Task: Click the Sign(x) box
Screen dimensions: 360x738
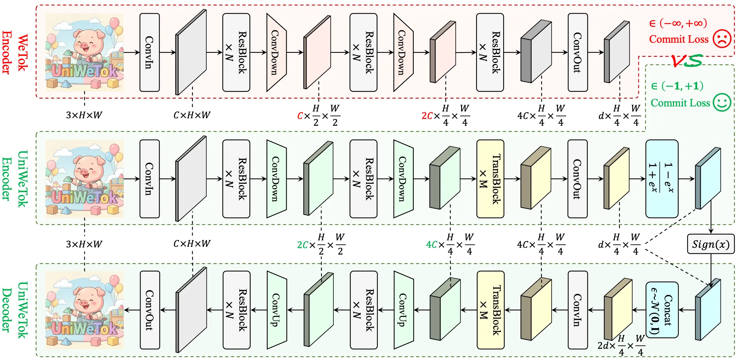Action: [711, 244]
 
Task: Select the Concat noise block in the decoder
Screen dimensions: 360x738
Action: [662, 310]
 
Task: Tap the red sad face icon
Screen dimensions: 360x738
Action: [722, 39]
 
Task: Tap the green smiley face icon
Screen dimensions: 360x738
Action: [722, 102]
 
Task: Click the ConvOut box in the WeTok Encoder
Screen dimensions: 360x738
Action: [577, 53]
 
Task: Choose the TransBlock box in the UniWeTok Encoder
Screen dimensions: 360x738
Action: [490, 179]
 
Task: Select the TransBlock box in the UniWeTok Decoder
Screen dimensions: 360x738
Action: [490, 310]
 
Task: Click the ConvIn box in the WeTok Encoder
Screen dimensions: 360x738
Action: [149, 53]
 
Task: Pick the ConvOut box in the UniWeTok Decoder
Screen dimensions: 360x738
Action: [150, 310]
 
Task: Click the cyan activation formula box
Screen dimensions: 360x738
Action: [661, 179]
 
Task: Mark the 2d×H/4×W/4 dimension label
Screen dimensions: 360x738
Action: [621, 346]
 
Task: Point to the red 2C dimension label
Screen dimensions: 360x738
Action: [427, 116]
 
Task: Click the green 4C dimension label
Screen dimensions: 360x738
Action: [432, 244]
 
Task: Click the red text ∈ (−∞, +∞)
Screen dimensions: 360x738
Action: [678, 23]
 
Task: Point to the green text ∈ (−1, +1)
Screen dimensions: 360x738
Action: [677, 86]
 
